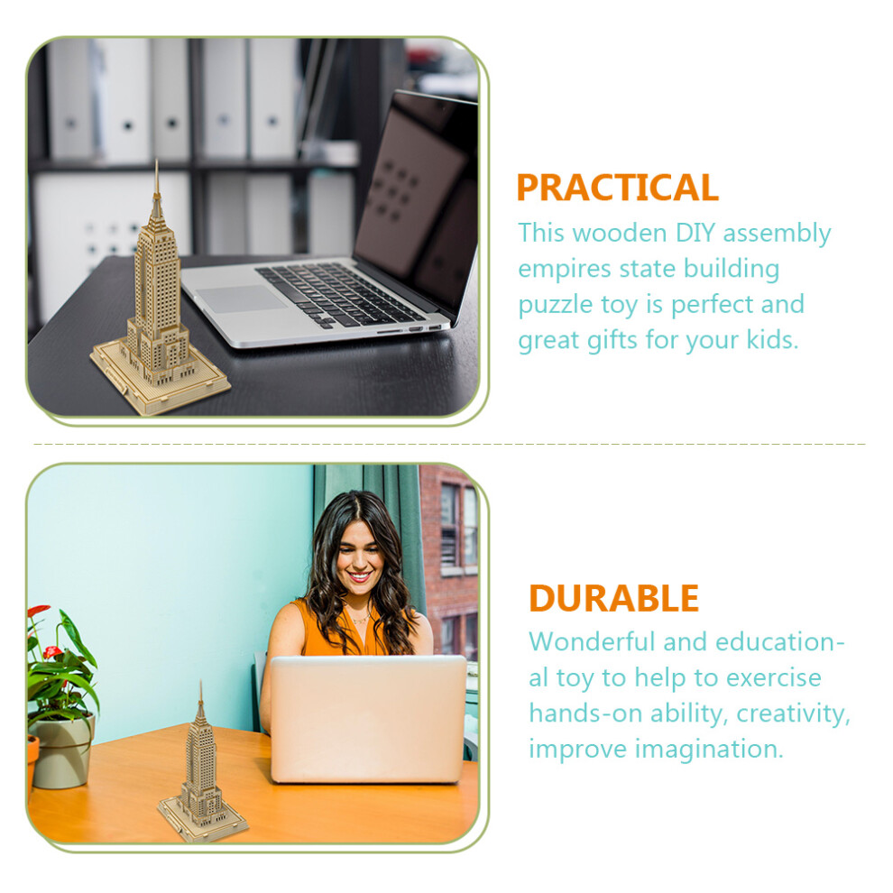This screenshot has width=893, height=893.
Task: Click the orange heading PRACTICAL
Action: (617, 188)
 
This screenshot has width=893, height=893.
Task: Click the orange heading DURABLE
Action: (614, 598)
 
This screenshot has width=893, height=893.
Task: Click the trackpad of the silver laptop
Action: (242, 299)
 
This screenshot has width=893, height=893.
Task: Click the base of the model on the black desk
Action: (160, 379)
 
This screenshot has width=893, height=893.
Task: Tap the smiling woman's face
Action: (358, 558)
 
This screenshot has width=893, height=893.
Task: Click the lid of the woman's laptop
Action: (368, 719)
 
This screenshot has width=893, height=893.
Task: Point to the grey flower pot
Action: (62, 751)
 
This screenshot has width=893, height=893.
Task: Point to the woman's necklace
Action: (361, 619)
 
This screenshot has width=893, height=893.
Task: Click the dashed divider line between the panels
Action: (449, 444)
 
